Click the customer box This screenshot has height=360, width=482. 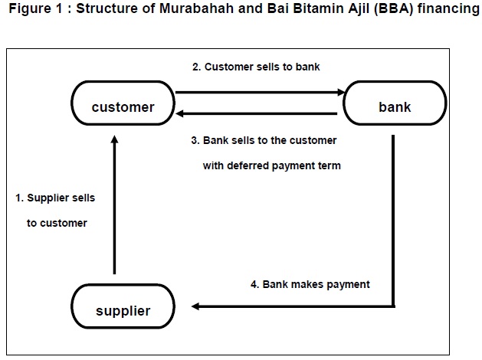pyautogui.click(x=123, y=107)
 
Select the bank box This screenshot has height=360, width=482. pyautogui.click(x=395, y=107)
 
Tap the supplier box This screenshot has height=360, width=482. pyautogui.click(x=123, y=310)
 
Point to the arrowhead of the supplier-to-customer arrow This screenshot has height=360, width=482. pyautogui.click(x=114, y=142)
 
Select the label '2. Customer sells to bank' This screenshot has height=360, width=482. pyautogui.click(x=256, y=67)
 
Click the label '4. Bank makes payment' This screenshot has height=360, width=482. pyautogui.click(x=310, y=284)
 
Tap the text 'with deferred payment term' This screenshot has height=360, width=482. pyautogui.click(x=272, y=165)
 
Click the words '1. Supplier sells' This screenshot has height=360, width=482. pyautogui.click(x=55, y=198)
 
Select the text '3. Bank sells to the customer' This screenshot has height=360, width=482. pyautogui.click(x=264, y=141)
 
